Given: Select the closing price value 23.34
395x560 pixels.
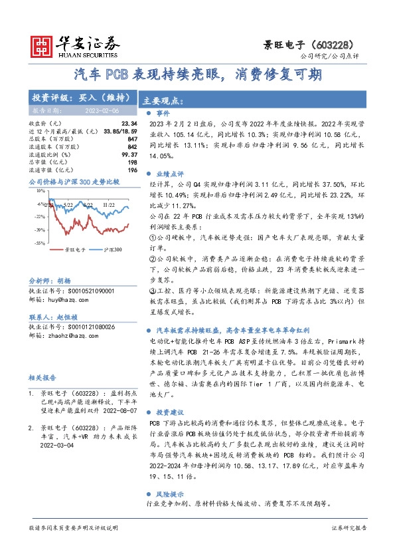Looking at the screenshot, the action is [x=129, y=124].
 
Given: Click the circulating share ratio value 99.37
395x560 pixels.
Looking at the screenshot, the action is [x=129, y=154].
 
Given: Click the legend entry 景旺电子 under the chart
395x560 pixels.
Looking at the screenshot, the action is [x=74, y=250].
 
